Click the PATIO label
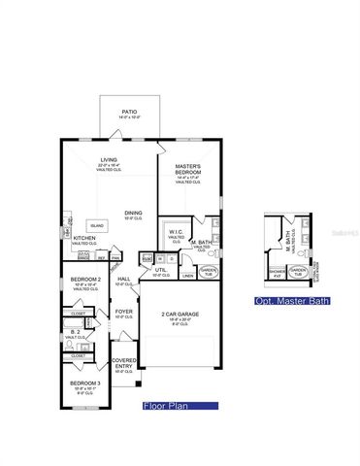(x=128, y=113)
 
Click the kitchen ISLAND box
(x=98, y=222)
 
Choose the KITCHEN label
(x=83, y=238)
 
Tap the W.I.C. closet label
(x=176, y=232)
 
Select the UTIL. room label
(x=162, y=271)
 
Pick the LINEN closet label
(x=187, y=276)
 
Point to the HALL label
(x=124, y=280)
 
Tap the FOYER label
(x=124, y=313)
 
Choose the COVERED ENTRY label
(x=124, y=363)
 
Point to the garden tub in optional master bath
(x=302, y=274)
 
